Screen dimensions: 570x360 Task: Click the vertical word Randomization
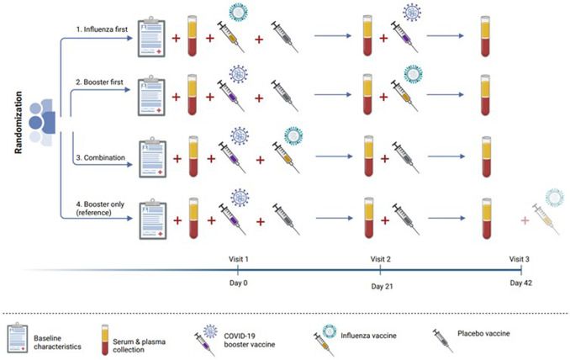tap(18, 123)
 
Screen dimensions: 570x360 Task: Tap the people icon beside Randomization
tap(42, 122)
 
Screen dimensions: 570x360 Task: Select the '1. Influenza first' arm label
tap(102, 29)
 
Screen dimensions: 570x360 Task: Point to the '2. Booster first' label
tap(99, 82)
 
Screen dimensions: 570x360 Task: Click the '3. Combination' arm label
tap(101, 158)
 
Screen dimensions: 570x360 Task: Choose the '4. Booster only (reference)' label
tap(100, 209)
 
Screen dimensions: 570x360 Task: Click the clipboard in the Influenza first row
tap(151, 37)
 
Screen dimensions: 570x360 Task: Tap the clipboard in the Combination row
tap(153, 157)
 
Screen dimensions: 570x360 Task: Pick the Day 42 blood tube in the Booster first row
tap(485, 95)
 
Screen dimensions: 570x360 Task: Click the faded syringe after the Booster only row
tap(546, 219)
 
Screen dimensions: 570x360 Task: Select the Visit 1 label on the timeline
tap(239, 259)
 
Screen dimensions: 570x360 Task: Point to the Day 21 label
tap(382, 287)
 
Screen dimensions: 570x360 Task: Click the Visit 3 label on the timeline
tap(519, 259)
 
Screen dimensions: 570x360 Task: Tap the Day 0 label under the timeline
tap(239, 283)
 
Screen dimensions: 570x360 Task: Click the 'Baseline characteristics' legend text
tap(57, 342)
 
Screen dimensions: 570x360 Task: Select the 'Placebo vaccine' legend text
tap(483, 333)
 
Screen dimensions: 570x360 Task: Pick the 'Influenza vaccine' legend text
tap(368, 336)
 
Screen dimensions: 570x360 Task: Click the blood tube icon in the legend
tap(105, 340)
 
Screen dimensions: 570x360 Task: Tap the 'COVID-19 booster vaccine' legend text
tap(250, 340)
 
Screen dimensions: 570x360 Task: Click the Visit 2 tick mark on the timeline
tap(380, 270)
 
